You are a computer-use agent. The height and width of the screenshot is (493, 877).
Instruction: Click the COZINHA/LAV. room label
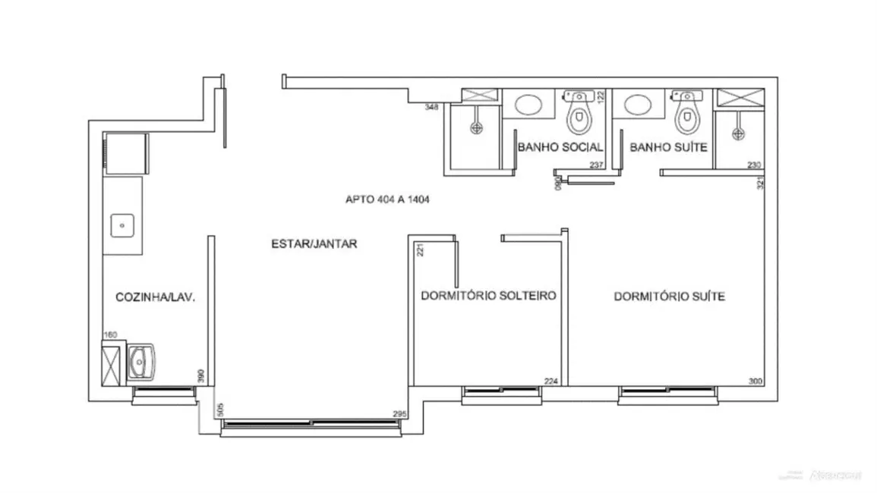click(155, 297)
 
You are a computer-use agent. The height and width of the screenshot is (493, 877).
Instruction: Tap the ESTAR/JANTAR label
click(314, 244)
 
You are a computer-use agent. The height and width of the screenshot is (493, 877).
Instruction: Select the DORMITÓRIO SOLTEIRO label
click(489, 296)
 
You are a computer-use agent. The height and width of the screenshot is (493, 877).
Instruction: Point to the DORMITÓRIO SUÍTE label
click(669, 297)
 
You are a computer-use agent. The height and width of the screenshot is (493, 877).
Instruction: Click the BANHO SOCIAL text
click(560, 147)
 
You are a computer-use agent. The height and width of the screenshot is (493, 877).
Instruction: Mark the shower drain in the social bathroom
click(476, 128)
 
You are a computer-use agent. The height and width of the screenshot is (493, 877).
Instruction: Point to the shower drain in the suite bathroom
click(737, 133)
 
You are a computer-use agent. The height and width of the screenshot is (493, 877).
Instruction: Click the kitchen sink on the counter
click(123, 225)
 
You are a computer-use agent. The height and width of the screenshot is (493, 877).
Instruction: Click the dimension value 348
click(432, 107)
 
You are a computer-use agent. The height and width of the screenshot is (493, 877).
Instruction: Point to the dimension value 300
click(755, 382)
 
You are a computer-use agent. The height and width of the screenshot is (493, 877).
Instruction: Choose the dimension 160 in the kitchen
click(109, 334)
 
